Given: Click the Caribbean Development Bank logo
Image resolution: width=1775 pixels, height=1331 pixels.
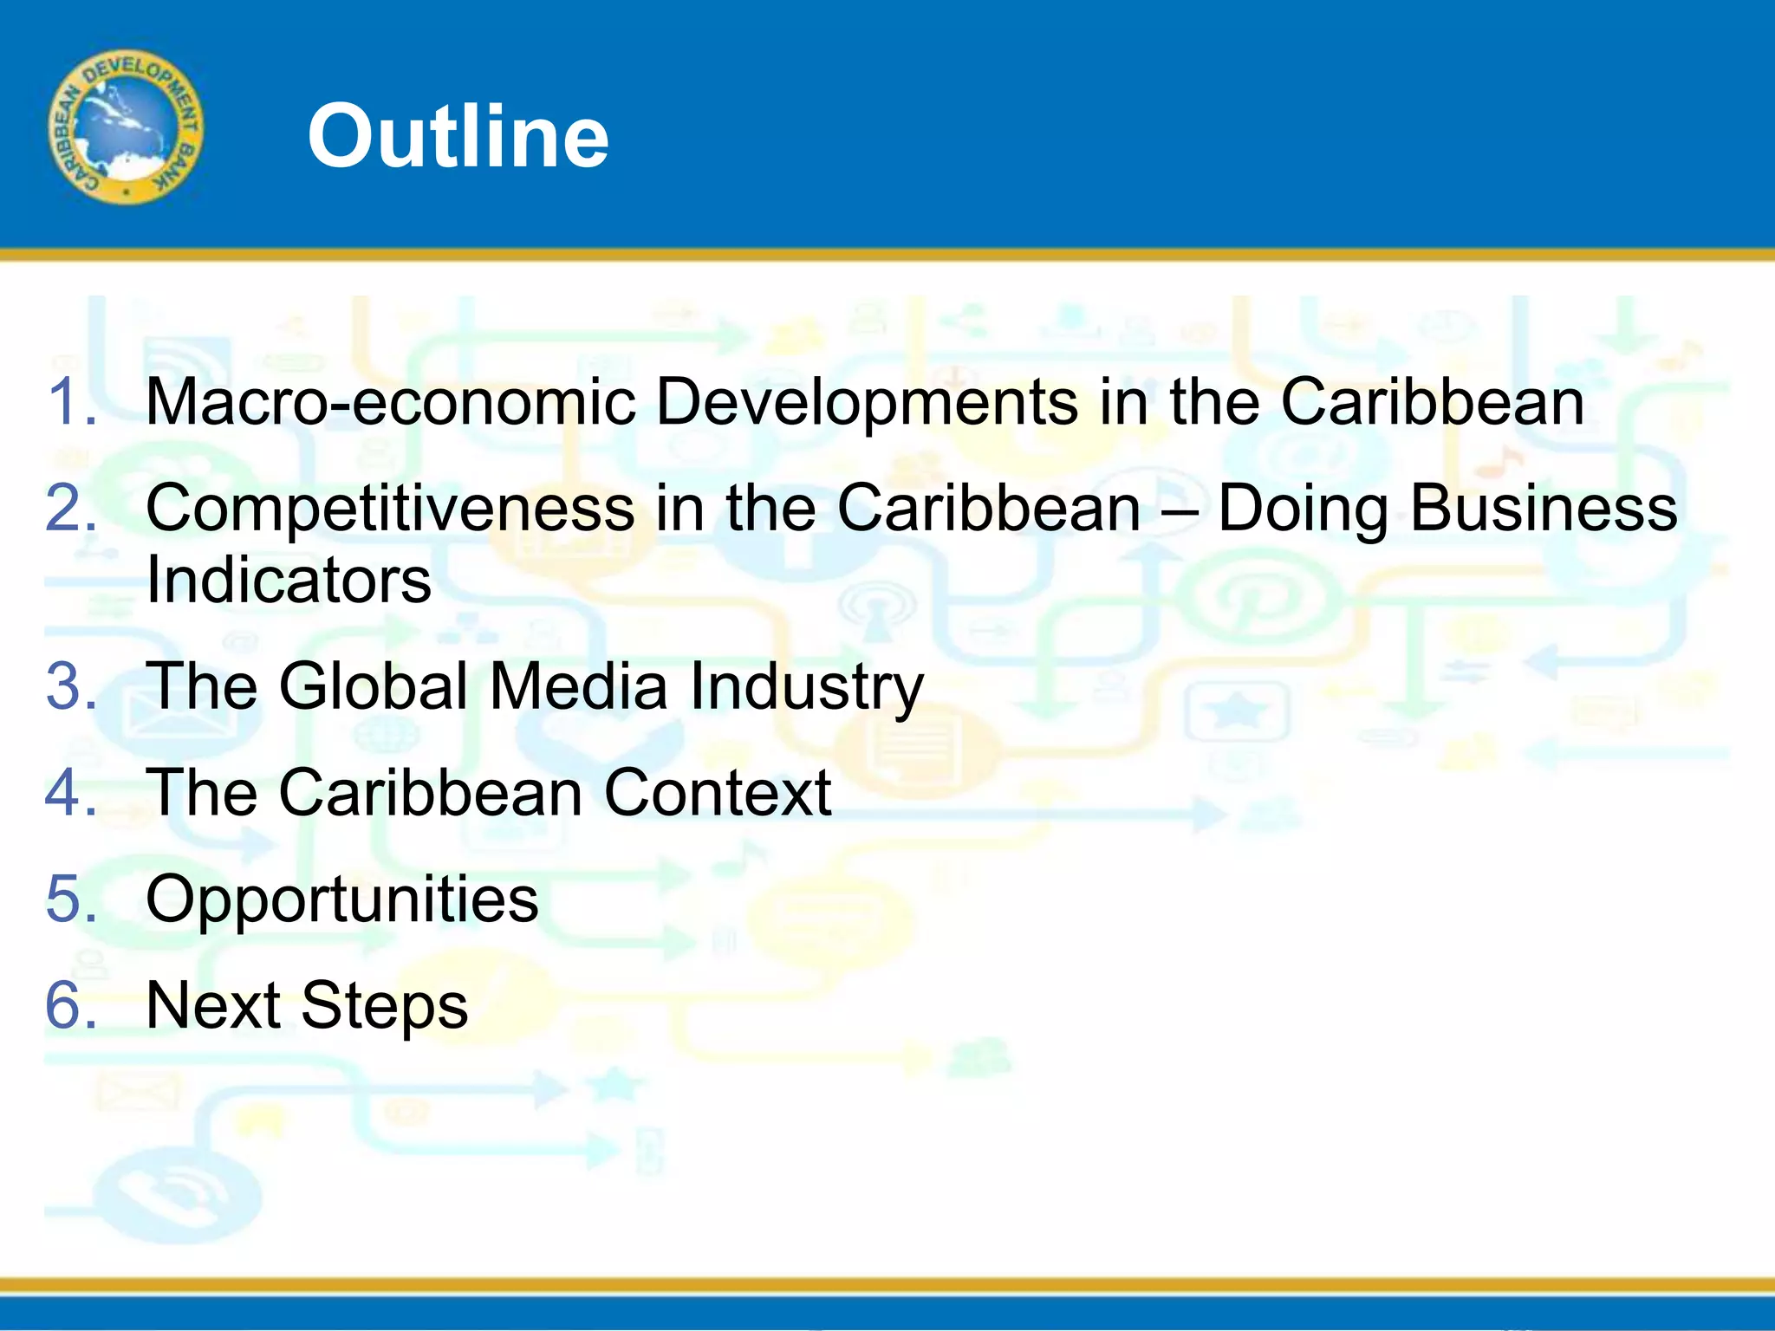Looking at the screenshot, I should (126, 127).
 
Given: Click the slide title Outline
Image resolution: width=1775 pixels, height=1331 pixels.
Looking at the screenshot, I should (458, 137).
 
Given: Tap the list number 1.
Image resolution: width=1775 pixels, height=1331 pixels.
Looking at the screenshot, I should (69, 402).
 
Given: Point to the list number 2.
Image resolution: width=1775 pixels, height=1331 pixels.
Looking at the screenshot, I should (69, 509).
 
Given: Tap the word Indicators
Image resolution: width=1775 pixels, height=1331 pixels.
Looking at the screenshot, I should (288, 580).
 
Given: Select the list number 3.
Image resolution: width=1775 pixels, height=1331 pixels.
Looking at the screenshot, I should (69, 686).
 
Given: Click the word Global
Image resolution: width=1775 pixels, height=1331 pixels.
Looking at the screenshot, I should (374, 686).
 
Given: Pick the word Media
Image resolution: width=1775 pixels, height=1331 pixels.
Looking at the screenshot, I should (578, 686).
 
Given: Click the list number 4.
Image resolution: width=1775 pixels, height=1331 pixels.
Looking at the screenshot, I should (69, 793).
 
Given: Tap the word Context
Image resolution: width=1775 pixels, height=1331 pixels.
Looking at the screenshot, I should (718, 793).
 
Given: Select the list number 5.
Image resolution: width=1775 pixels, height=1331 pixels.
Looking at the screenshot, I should (69, 899).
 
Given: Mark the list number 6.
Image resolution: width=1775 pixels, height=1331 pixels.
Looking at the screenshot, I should (69, 1005).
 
